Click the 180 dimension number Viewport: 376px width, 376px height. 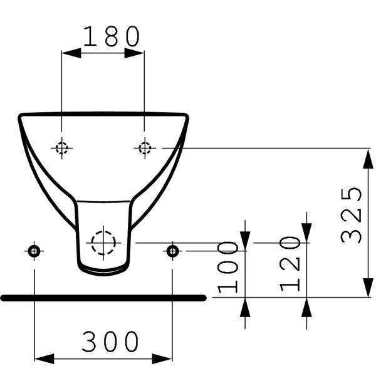pyautogui.click(x=112, y=38)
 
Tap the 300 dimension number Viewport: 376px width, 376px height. pyautogui.click(x=111, y=342)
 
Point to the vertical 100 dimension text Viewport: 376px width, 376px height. pyautogui.click(x=229, y=267)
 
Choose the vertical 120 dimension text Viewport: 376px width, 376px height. pyautogui.click(x=290, y=264)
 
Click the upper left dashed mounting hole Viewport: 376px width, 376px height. pyautogui.click(x=61, y=148)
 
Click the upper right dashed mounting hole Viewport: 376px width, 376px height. pyautogui.click(x=145, y=148)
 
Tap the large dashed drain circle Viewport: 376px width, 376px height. pyautogui.click(x=103, y=242)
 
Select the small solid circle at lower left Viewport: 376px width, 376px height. pyautogui.click(x=34, y=251)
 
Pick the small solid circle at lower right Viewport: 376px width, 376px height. pyautogui.click(x=172, y=251)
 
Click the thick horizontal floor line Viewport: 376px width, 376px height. pyautogui.click(x=103, y=298)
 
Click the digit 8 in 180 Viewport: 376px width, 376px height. pyautogui.click(x=112, y=38)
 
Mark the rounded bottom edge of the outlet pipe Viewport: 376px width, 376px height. pyautogui.click(x=103, y=272)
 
